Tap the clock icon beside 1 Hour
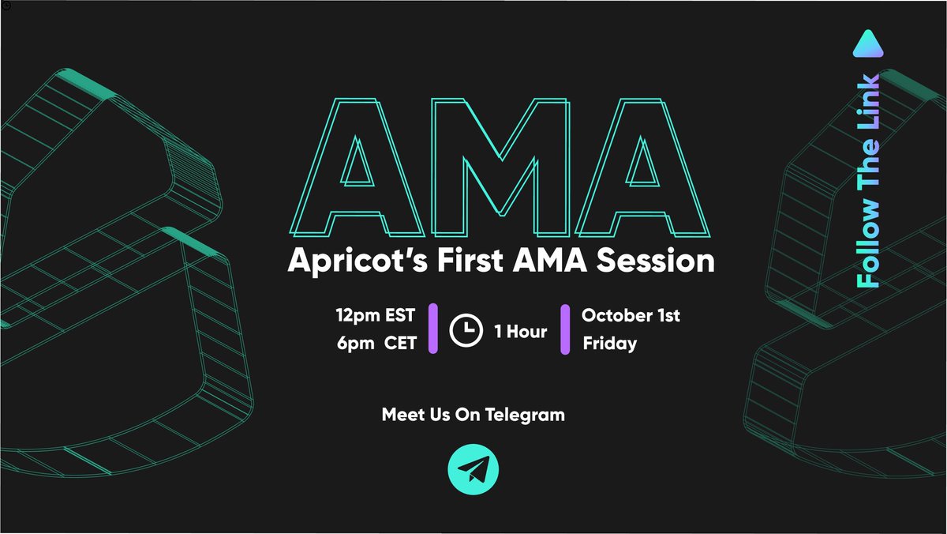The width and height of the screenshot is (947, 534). (466, 331)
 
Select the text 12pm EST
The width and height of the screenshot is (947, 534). (375, 317)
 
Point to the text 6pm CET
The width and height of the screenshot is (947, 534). (375, 344)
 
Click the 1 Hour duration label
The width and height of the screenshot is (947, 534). (521, 332)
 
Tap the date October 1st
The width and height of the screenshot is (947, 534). (631, 316)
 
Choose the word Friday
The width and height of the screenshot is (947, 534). (609, 344)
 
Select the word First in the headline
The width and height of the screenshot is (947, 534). (459, 261)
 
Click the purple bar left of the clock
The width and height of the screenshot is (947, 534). (432, 328)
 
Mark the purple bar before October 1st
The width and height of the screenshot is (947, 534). (564, 329)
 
